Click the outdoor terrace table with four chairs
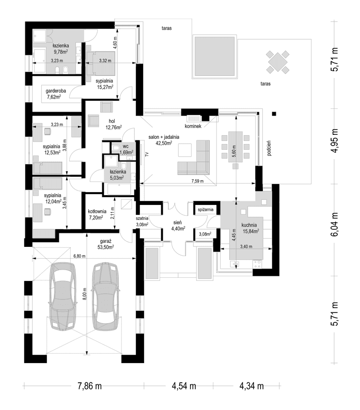pyautogui.click(x=277, y=62)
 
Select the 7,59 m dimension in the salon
pyautogui.click(x=197, y=181)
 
